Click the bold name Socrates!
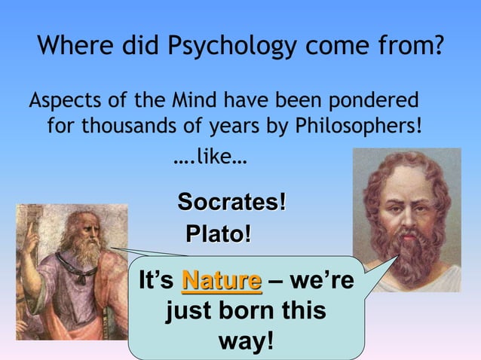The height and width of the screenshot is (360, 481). pos(231,202)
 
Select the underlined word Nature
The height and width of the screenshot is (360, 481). pos(222,282)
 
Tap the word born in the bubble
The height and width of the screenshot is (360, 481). pos(234,310)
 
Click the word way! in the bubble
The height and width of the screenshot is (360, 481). pos(246,340)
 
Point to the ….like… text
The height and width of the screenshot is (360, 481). pos(210,160)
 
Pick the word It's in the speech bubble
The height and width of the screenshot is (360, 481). pos(157,282)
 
